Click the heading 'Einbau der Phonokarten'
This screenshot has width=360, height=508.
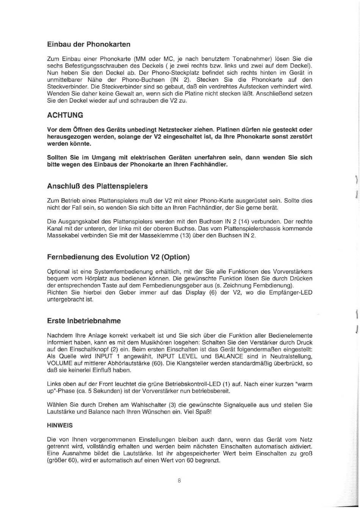(88, 44)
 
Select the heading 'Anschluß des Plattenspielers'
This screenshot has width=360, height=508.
(97, 186)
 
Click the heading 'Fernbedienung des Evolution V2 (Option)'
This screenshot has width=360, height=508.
(118, 257)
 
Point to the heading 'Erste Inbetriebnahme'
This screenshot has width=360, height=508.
(83, 321)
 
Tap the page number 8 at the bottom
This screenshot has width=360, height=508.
(179, 481)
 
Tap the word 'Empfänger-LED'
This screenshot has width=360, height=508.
(294, 293)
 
